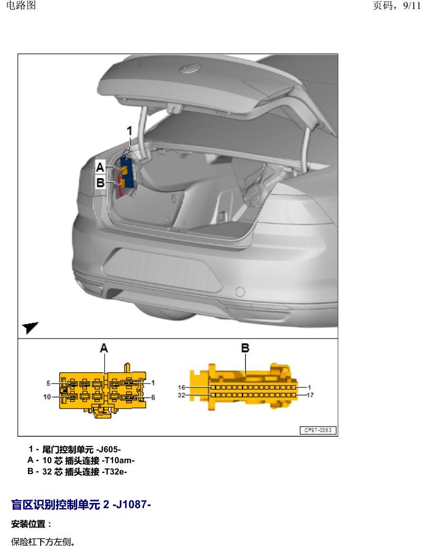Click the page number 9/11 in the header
pos(412,6)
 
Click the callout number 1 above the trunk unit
pos(129,131)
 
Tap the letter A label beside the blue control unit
pos(100,167)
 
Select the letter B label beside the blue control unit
pos(100,183)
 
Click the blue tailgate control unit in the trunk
pos(127,173)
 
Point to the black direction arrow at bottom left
pos(30,327)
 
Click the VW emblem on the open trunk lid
pos(190,68)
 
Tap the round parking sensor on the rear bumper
pos(240,291)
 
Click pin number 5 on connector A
pos(48,383)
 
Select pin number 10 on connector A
pos(47,397)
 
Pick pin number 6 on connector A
pos(153,397)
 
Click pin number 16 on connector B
pos(181,387)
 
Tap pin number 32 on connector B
pos(181,395)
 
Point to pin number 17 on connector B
pos(310,395)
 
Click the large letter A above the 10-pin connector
pos(104,348)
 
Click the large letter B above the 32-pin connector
pos(245,348)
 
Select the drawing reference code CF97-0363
pos(318,430)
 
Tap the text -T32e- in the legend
pos(114,472)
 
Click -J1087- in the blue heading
pos(132,504)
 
